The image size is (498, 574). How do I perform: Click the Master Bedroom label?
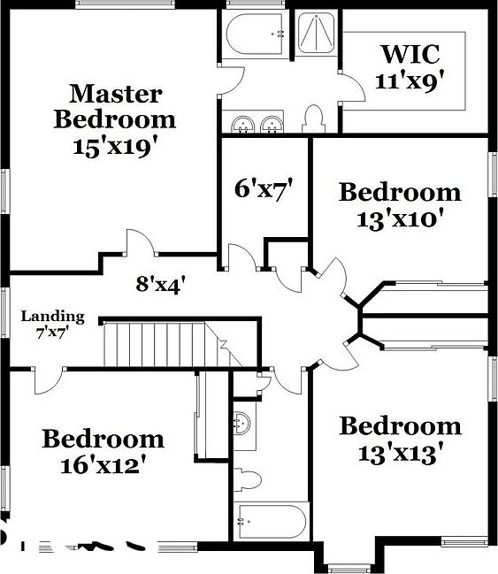[x=115, y=105]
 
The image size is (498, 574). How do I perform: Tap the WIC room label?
[x=410, y=53]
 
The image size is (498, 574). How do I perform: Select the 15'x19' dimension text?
[x=115, y=145]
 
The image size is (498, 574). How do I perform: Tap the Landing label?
[x=53, y=316]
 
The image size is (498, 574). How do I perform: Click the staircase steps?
[x=159, y=344]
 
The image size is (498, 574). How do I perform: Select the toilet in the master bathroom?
[x=312, y=118]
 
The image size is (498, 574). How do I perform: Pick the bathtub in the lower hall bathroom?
[x=270, y=523]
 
